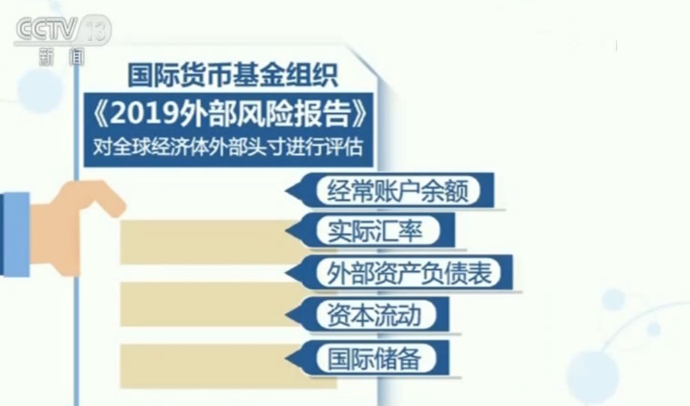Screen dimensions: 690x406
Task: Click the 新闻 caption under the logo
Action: click(61, 57)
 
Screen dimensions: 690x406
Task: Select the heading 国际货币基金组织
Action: click(233, 75)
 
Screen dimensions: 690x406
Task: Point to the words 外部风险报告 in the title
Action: click(264, 114)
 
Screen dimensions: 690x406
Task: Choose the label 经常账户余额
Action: click(397, 191)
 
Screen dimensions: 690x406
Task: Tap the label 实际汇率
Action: click(376, 231)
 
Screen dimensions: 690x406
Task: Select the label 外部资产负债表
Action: click(409, 272)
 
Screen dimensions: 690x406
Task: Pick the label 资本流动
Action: click(374, 315)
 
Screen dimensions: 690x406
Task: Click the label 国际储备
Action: click(374, 357)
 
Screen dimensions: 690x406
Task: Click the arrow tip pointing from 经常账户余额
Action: click(286, 191)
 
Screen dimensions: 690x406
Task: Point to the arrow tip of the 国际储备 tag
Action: click(286, 357)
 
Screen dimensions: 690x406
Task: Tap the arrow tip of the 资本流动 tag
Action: click(286, 315)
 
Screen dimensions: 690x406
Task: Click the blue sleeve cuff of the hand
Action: click(15, 234)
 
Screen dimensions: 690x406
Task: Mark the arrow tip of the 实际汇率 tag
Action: click(286, 231)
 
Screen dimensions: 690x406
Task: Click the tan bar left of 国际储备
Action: click(207, 366)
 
